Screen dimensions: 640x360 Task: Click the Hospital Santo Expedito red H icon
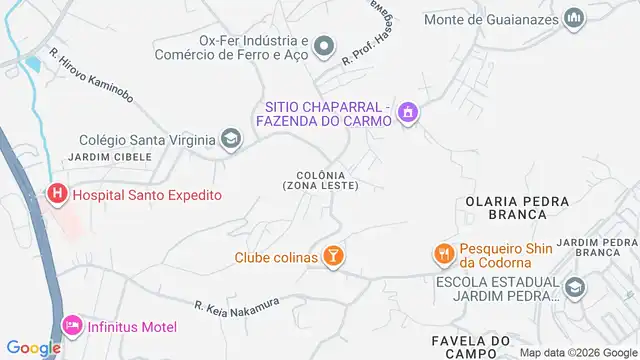click(57, 195)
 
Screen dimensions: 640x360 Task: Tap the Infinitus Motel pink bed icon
click(70, 327)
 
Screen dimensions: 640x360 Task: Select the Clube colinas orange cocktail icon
click(334, 257)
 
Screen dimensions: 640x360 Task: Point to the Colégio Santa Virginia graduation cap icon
click(231, 140)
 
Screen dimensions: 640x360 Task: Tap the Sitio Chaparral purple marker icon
click(406, 115)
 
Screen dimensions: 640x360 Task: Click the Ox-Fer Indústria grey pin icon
click(323, 46)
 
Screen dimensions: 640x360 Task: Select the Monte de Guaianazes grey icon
click(574, 18)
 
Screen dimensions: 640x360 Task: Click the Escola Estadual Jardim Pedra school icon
click(575, 288)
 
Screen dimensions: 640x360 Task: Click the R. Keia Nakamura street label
click(238, 306)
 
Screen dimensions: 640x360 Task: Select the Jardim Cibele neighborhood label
click(109, 157)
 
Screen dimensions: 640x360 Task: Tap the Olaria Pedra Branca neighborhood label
click(509, 207)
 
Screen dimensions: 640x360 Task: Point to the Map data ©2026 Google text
click(576, 353)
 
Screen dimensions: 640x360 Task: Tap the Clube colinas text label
click(276, 258)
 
